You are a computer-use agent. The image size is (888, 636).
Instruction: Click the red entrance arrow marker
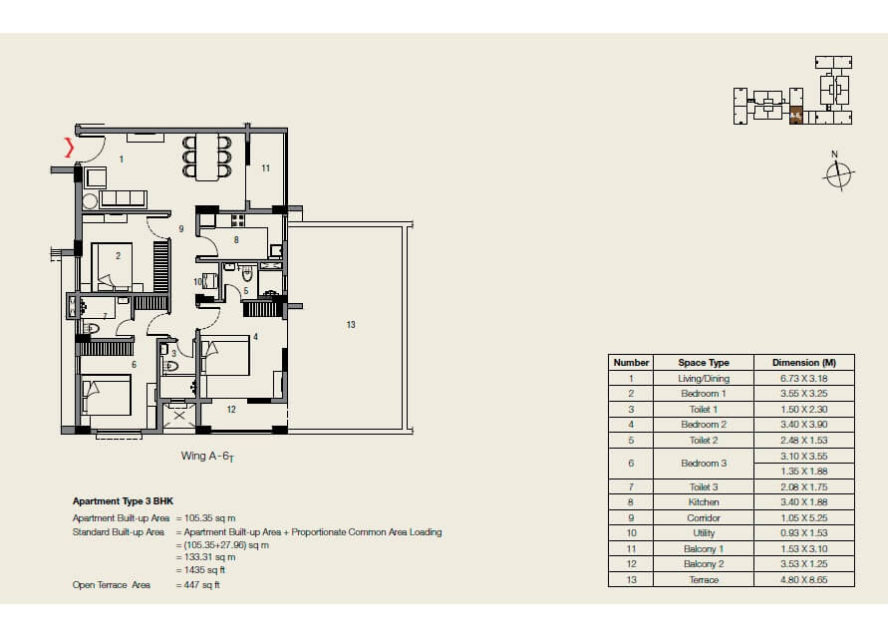click(69, 149)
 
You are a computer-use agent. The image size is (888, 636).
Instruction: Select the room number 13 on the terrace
click(351, 325)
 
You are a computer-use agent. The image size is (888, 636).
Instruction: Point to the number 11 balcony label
click(265, 168)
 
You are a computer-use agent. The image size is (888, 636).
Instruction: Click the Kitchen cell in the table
click(704, 502)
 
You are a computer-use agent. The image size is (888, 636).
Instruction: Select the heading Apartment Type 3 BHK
click(130, 501)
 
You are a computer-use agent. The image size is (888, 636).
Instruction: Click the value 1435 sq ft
click(203, 571)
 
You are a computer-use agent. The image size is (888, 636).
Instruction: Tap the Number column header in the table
click(631, 363)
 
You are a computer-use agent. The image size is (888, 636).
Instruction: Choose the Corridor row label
click(704, 518)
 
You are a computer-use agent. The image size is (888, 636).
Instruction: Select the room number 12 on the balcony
click(230, 409)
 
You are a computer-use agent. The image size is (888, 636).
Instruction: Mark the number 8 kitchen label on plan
click(235, 239)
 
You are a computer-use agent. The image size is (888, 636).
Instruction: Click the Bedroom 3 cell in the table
click(704, 464)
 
